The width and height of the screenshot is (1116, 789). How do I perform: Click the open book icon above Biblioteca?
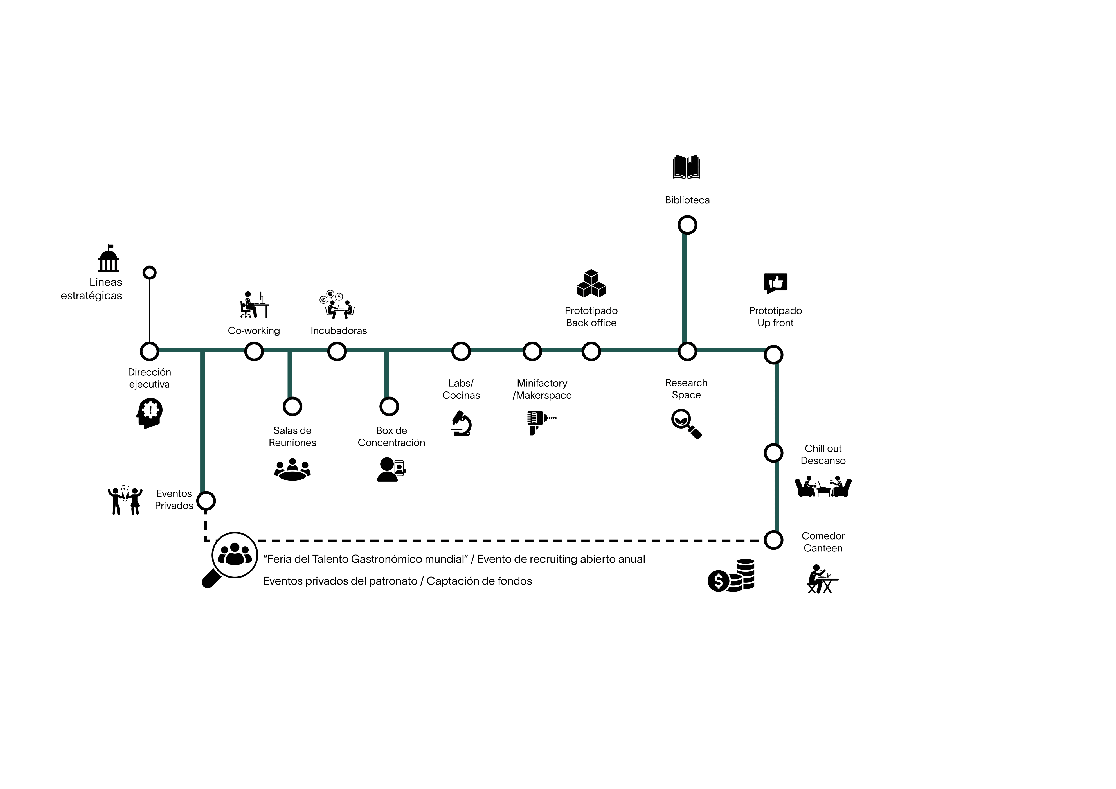(686, 167)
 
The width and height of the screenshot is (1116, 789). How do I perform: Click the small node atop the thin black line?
(149, 272)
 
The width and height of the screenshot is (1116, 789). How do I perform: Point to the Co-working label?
(254, 331)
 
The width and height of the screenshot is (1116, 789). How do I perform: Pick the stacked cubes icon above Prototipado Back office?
(591, 284)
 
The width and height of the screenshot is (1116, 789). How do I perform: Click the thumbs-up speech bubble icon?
(775, 283)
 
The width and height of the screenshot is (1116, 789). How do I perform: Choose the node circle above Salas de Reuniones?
(292, 406)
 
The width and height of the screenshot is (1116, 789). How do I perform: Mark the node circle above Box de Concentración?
(389, 406)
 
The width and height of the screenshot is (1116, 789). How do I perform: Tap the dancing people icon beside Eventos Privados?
(125, 501)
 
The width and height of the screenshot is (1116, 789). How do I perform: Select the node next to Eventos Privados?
(206, 501)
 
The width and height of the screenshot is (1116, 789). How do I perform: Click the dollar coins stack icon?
(731, 575)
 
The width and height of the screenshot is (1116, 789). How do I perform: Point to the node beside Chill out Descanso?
(773, 453)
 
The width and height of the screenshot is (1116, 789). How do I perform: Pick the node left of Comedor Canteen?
(773, 540)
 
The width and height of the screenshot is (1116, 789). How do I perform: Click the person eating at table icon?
(822, 579)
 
